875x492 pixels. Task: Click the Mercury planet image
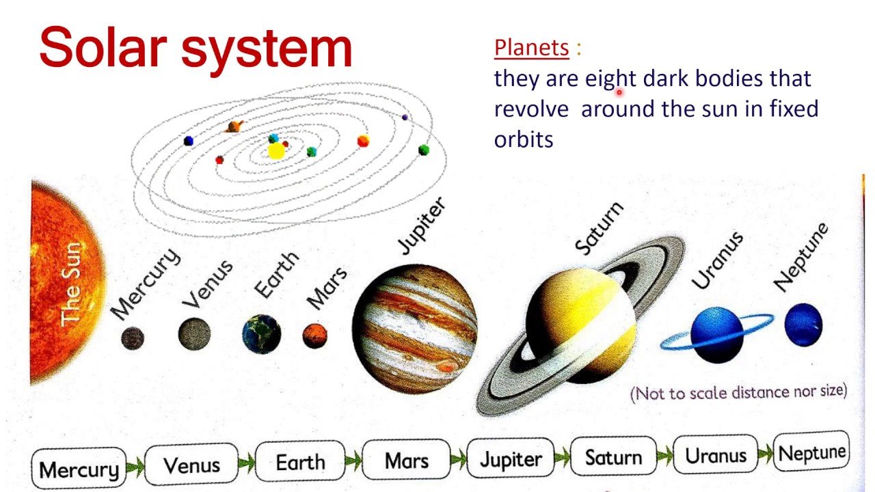pyautogui.click(x=133, y=338)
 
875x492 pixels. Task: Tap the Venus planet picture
pyautogui.click(x=194, y=334)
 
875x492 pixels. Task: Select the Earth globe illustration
pyautogui.click(x=262, y=334)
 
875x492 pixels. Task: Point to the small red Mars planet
pyautogui.click(x=315, y=336)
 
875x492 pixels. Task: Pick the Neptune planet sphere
pyautogui.click(x=803, y=325)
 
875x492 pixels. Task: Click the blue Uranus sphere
pyautogui.click(x=717, y=335)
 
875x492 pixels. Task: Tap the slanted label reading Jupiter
pyautogui.click(x=422, y=225)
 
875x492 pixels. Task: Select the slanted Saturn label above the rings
pyautogui.click(x=600, y=229)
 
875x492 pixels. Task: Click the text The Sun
pyautogui.click(x=71, y=284)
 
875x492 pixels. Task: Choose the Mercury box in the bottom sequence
pyautogui.click(x=79, y=469)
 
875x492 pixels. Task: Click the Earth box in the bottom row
pyautogui.click(x=300, y=461)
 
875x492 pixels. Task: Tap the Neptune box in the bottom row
pyautogui.click(x=811, y=452)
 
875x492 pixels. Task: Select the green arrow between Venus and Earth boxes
pyautogui.click(x=247, y=463)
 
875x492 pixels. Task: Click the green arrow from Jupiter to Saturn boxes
pyautogui.click(x=563, y=458)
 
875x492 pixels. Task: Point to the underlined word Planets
pyautogui.click(x=531, y=48)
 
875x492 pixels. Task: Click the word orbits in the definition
pyautogui.click(x=524, y=139)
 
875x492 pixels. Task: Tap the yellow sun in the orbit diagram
pyautogui.click(x=276, y=151)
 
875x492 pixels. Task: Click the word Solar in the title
pyautogui.click(x=104, y=47)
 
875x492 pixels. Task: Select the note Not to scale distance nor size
pyautogui.click(x=739, y=392)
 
